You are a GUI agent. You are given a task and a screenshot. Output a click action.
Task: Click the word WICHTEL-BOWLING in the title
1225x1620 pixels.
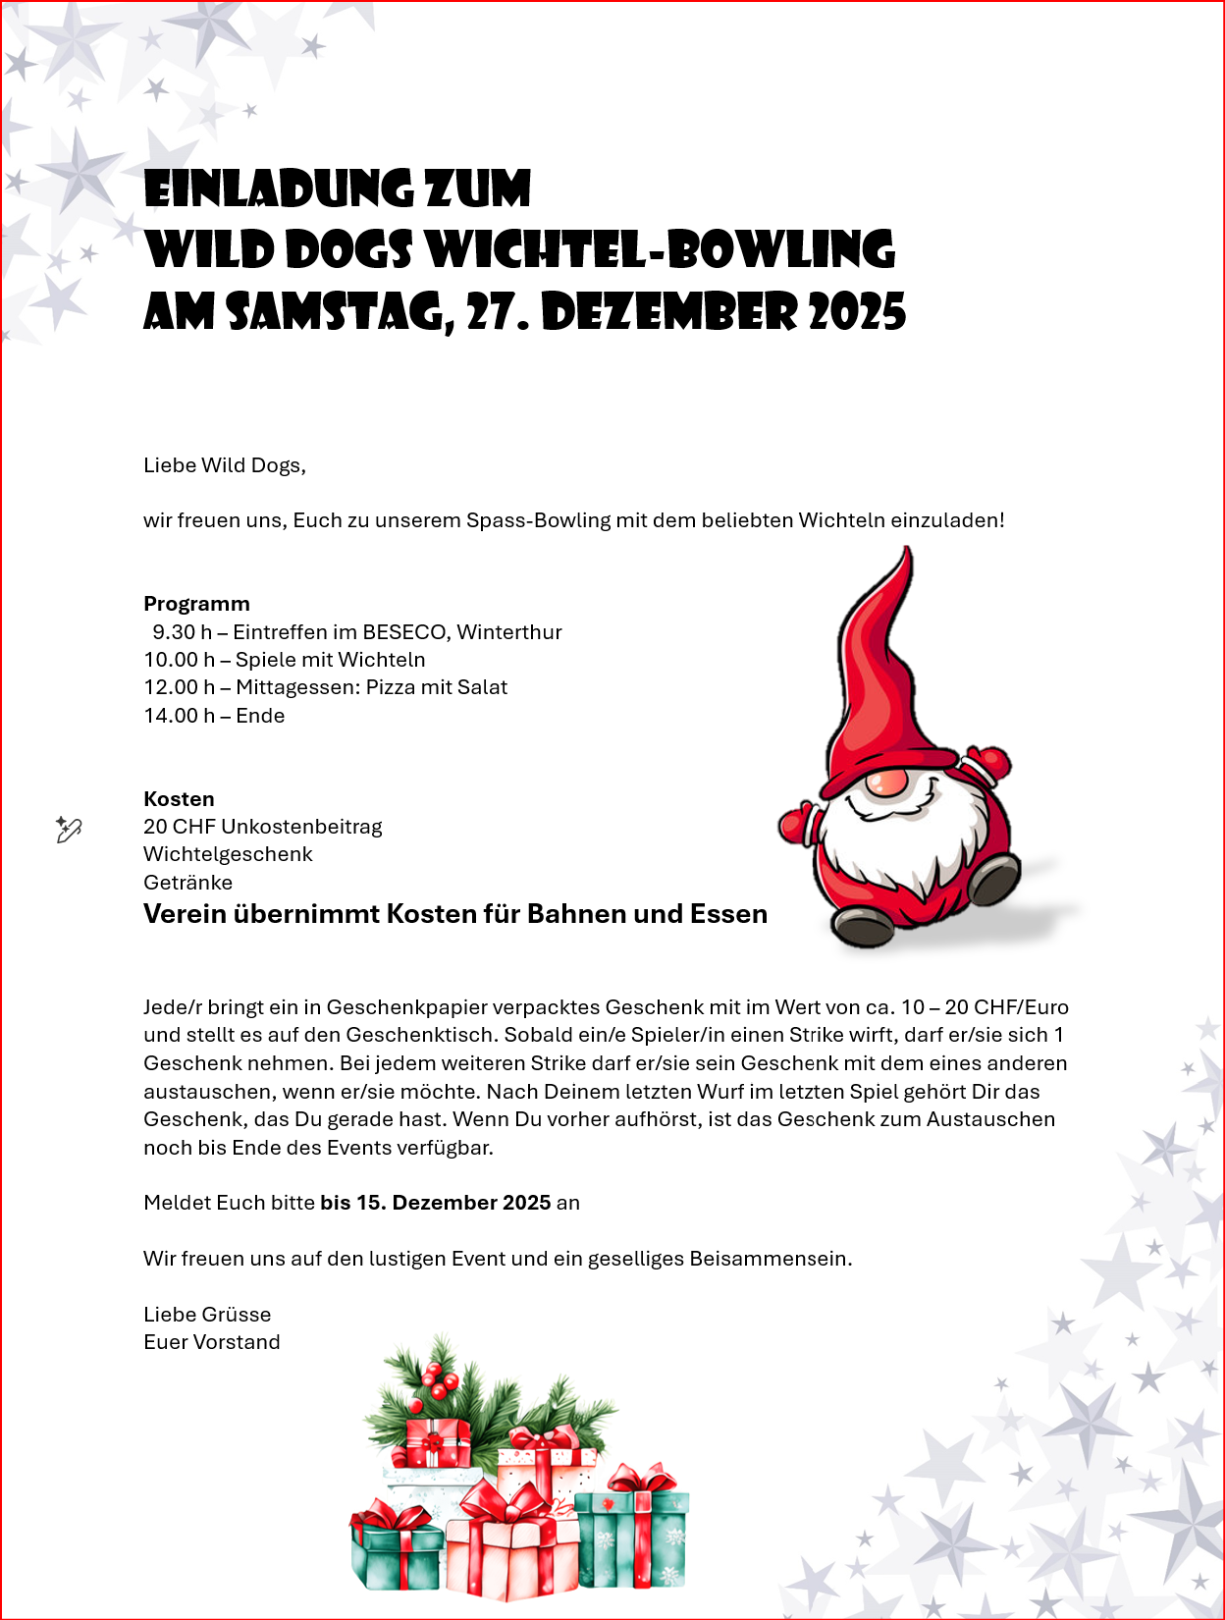(661, 249)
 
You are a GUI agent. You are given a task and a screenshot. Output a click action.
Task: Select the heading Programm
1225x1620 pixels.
(196, 604)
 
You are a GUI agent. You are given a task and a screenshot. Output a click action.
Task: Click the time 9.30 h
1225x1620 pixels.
(183, 632)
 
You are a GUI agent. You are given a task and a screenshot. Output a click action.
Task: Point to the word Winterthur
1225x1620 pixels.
(509, 632)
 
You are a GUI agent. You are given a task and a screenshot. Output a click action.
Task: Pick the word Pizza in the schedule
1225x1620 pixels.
(391, 687)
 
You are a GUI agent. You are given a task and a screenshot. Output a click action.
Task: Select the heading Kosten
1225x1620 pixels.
(179, 799)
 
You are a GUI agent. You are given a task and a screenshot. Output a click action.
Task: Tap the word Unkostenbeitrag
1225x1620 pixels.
(301, 827)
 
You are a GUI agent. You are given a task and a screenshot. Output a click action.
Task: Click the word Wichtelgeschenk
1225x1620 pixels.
(228, 854)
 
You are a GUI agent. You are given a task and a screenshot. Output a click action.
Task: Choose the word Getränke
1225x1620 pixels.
(187, 883)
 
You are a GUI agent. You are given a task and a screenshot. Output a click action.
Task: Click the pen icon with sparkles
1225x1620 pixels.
(68, 830)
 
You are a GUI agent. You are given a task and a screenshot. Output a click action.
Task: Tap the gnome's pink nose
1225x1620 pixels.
(887, 783)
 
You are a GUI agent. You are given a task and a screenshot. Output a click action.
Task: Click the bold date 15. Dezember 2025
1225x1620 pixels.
(435, 1203)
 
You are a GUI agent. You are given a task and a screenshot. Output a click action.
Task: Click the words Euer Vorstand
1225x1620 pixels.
(212, 1342)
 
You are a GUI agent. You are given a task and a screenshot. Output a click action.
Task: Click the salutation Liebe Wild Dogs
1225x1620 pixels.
(224, 465)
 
